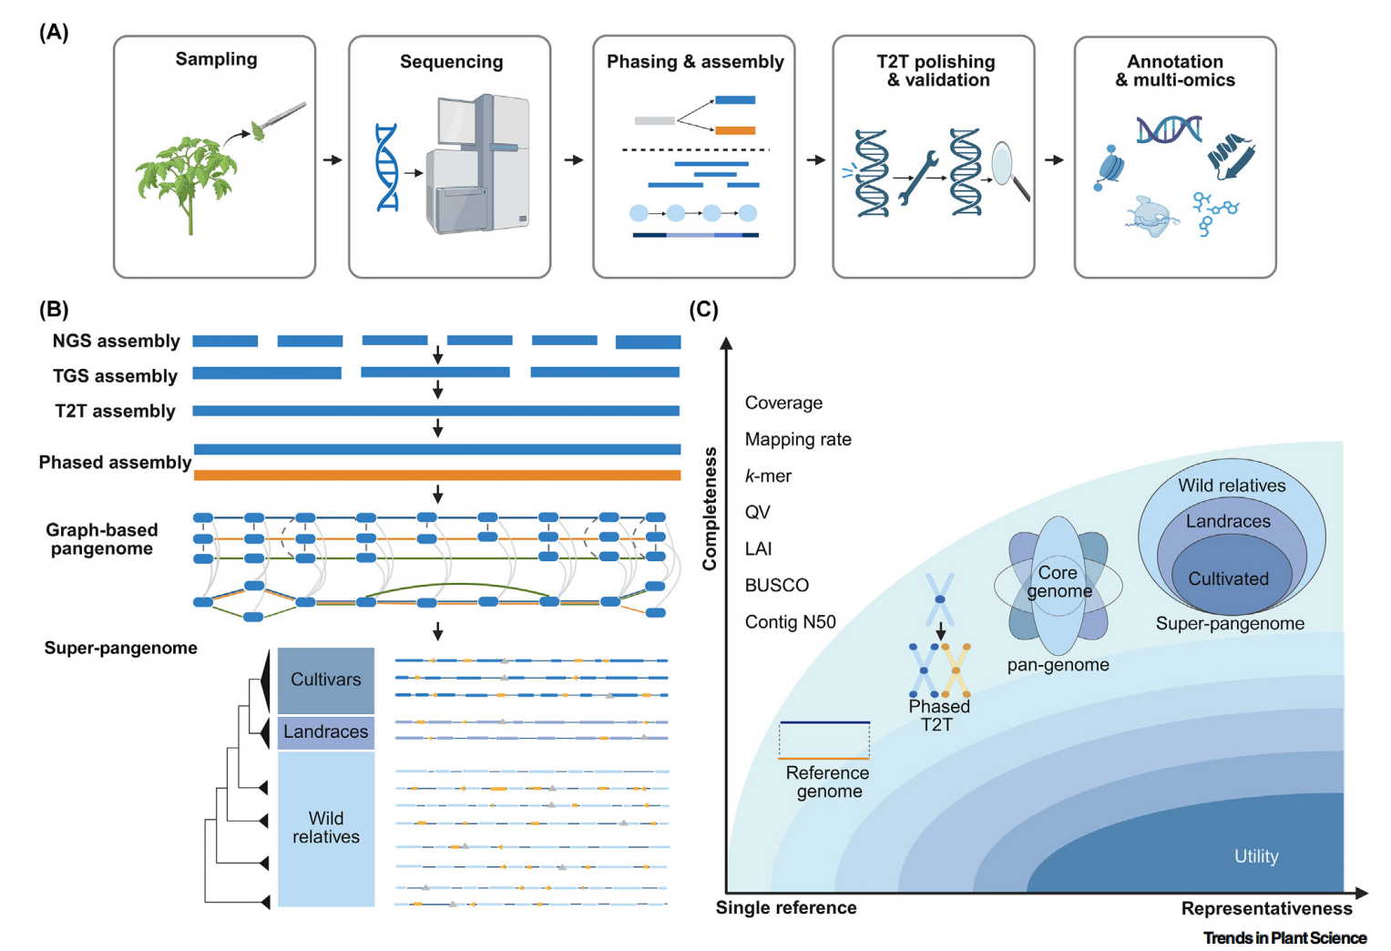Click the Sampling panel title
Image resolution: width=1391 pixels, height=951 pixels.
tap(216, 59)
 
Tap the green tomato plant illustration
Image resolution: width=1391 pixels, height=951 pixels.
tap(186, 182)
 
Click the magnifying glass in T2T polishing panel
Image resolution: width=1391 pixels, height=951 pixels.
tap(1007, 166)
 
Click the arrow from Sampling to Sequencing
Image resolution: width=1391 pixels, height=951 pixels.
tap(332, 160)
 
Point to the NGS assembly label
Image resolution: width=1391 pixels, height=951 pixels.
tap(116, 341)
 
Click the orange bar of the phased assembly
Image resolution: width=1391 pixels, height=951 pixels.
tap(437, 475)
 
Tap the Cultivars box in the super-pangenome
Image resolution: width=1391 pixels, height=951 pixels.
tap(325, 680)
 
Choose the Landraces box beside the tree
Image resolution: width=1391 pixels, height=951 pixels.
tap(325, 731)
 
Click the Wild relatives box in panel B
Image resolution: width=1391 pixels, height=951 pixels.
tap(325, 827)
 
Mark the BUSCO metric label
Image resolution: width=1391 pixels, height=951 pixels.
tap(776, 585)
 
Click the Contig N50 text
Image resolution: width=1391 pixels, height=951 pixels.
tap(790, 622)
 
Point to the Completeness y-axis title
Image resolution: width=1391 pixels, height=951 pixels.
tap(710, 508)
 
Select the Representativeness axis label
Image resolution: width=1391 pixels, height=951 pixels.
tap(1266, 908)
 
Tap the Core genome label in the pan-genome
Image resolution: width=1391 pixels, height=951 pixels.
tap(1059, 582)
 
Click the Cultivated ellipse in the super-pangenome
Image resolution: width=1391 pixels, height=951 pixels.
tap(1228, 579)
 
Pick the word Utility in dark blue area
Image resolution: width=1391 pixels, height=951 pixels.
tap(1256, 856)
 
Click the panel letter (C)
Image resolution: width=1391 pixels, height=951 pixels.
tap(703, 310)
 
